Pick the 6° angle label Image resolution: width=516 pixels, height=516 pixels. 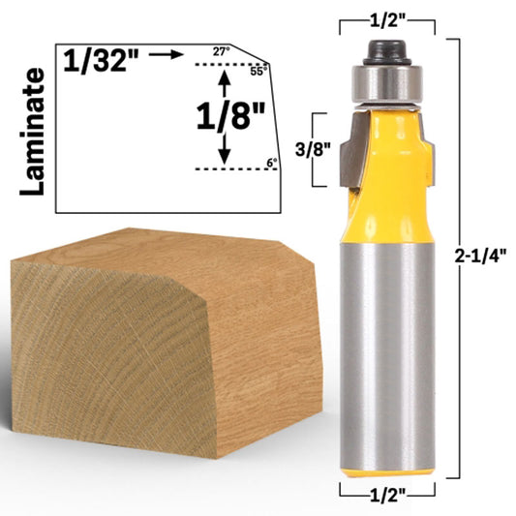[x=271, y=162]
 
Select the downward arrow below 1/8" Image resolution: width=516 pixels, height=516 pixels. [x=225, y=150]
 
